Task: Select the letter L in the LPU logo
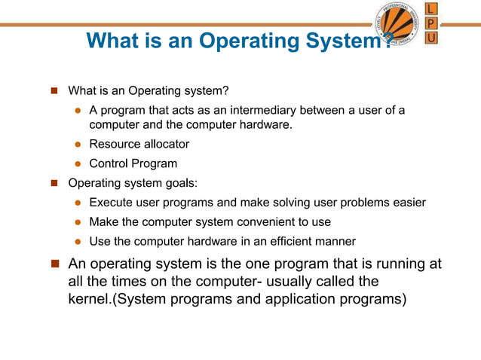430,8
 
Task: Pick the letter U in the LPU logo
430,37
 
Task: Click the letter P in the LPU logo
430,23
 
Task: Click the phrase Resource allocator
139,144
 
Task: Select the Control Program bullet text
133,163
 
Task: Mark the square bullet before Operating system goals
54,183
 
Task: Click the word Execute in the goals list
110,203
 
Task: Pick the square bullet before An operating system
54,264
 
